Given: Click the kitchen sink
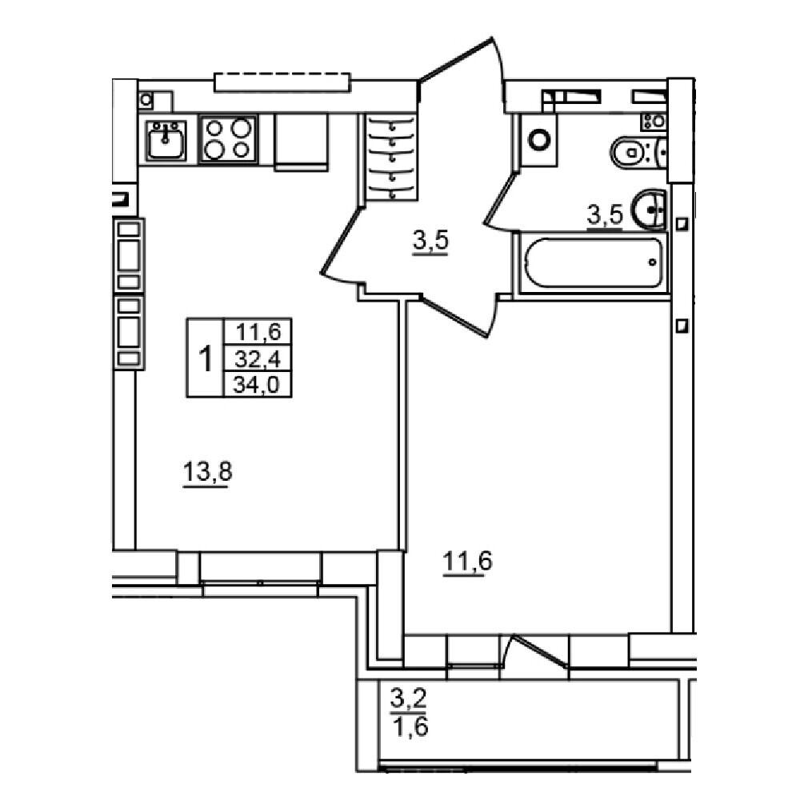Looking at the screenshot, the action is pyautogui.click(x=165, y=140).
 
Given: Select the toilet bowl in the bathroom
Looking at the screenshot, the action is pyautogui.click(x=638, y=151).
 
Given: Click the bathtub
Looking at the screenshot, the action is pyautogui.click(x=593, y=262).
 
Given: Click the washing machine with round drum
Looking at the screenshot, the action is pyautogui.click(x=538, y=140).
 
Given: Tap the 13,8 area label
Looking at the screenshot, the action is pyautogui.click(x=206, y=472).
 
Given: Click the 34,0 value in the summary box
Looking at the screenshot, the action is pyautogui.click(x=257, y=384).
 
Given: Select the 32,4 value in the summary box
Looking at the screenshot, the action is pyautogui.click(x=258, y=359).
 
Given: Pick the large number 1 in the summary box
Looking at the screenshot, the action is pyautogui.click(x=206, y=358).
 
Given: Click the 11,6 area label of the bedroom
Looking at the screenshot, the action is pyautogui.click(x=467, y=562).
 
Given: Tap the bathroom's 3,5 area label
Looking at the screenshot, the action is pyautogui.click(x=605, y=215).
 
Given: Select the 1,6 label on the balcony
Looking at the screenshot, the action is pyautogui.click(x=410, y=726).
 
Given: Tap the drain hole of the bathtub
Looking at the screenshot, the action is pyautogui.click(x=653, y=262).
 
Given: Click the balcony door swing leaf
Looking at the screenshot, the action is pyautogui.click(x=540, y=650).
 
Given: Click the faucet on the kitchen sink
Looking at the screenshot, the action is pyautogui.click(x=165, y=133).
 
